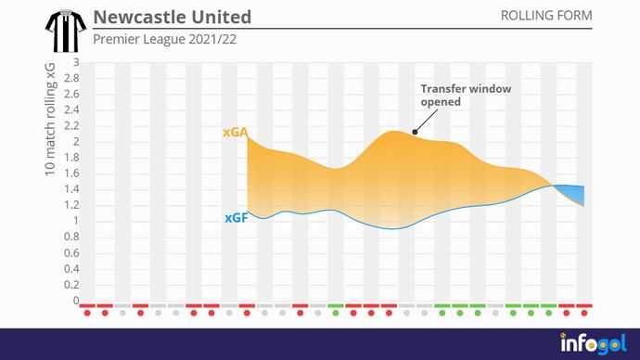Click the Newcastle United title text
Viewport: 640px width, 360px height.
(x=172, y=18)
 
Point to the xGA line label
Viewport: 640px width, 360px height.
(x=235, y=133)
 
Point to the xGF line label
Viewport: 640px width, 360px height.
(x=235, y=218)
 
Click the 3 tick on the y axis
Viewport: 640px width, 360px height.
(x=75, y=63)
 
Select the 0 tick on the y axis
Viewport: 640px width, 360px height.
(x=75, y=301)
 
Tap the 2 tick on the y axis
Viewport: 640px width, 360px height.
(x=75, y=142)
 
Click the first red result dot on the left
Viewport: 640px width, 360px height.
(x=86, y=313)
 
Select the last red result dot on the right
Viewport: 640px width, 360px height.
(x=584, y=313)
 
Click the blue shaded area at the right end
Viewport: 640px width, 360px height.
(x=575, y=193)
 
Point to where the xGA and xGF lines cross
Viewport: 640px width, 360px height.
(x=555, y=186)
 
